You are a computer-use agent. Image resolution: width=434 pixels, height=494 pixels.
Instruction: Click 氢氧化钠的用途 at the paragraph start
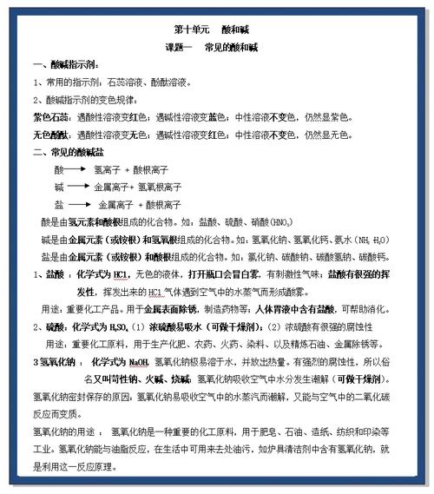(x=62, y=432)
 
